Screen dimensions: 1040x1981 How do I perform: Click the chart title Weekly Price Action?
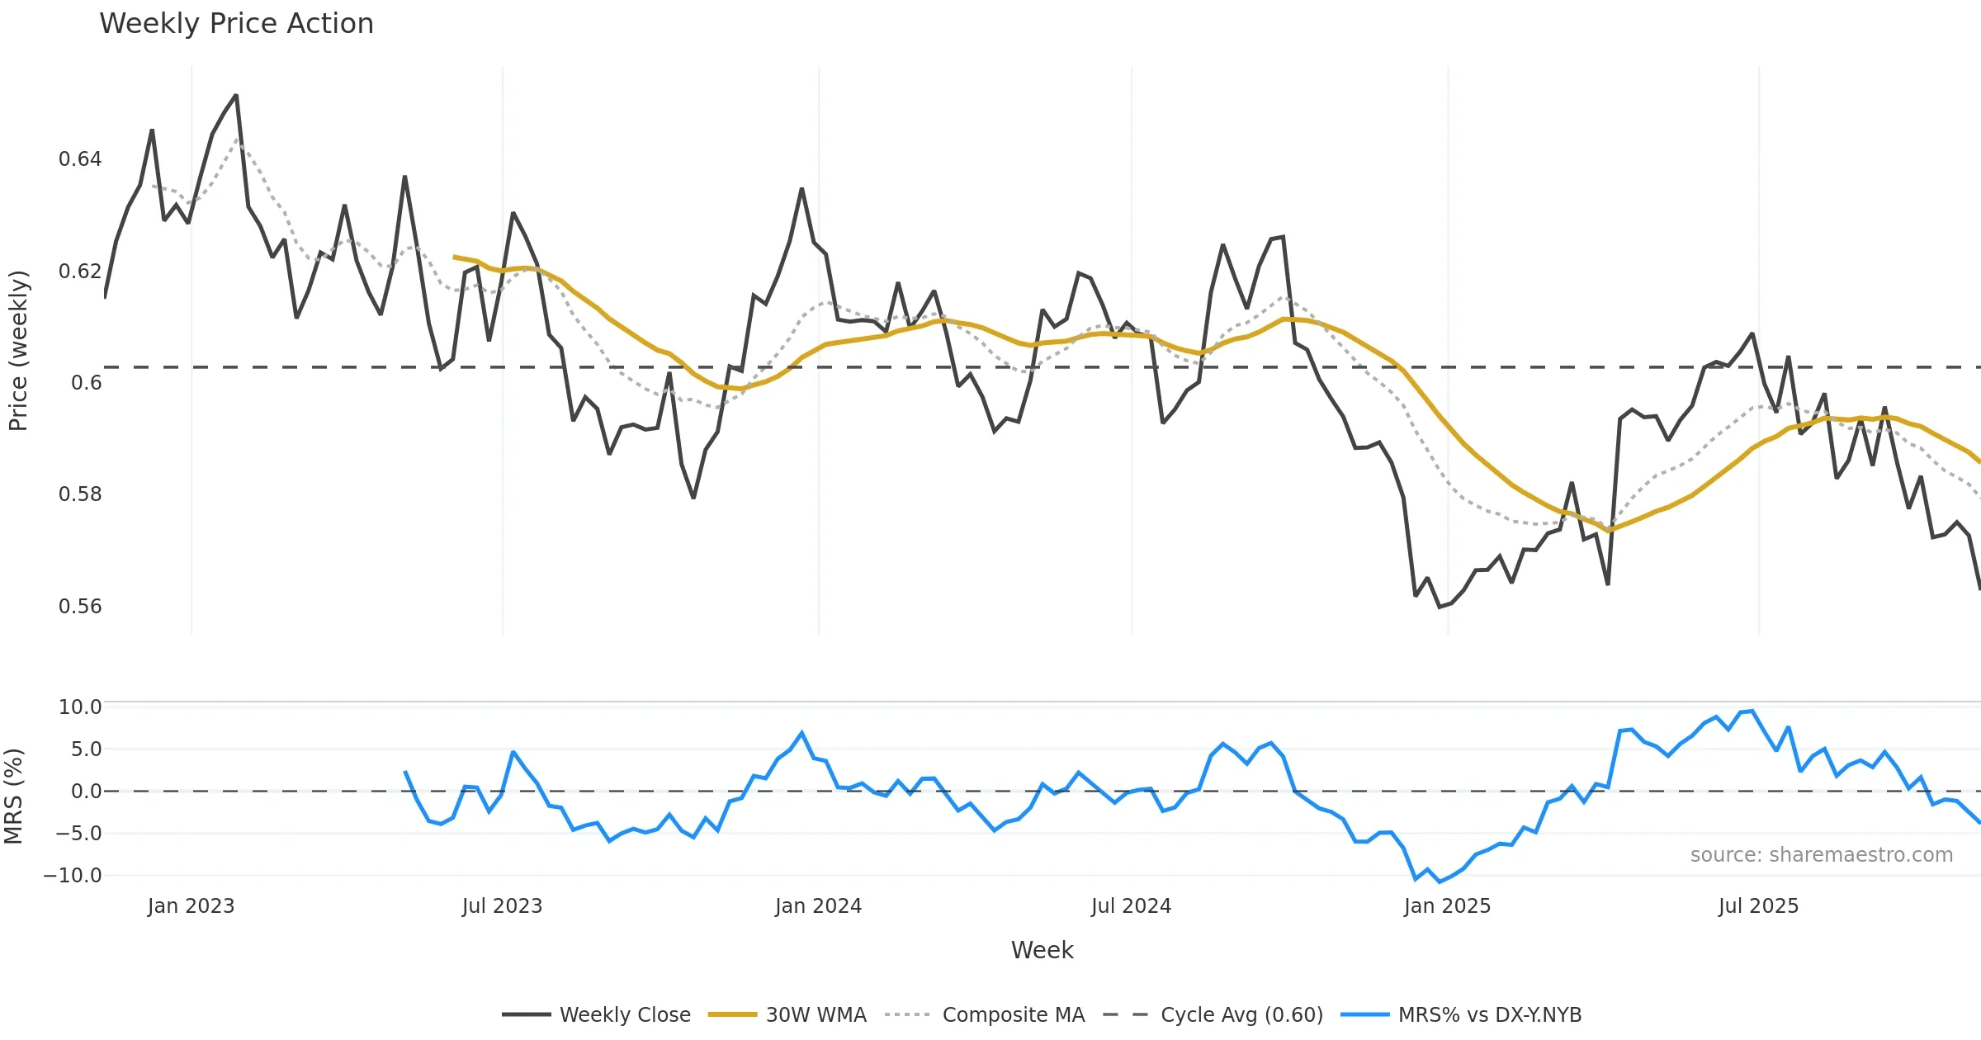tap(236, 24)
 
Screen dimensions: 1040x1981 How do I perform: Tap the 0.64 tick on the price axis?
tap(80, 159)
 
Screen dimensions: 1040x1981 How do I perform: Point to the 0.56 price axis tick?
tap(80, 607)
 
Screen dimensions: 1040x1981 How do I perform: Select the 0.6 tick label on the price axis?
tap(86, 383)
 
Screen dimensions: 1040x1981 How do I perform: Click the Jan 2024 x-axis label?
tap(818, 906)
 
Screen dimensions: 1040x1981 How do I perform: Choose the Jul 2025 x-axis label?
tap(1758, 906)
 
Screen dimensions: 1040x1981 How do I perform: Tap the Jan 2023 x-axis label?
tap(191, 906)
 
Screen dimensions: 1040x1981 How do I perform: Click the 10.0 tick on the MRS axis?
tap(80, 707)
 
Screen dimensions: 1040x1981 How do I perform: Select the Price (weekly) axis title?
tap(18, 351)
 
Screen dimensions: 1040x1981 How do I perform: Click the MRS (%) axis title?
tap(14, 797)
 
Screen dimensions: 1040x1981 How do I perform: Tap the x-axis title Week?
tap(1042, 951)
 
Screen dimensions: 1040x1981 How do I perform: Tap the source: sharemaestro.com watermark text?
tap(1821, 855)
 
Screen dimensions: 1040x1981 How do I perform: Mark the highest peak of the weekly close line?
tap(236, 96)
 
